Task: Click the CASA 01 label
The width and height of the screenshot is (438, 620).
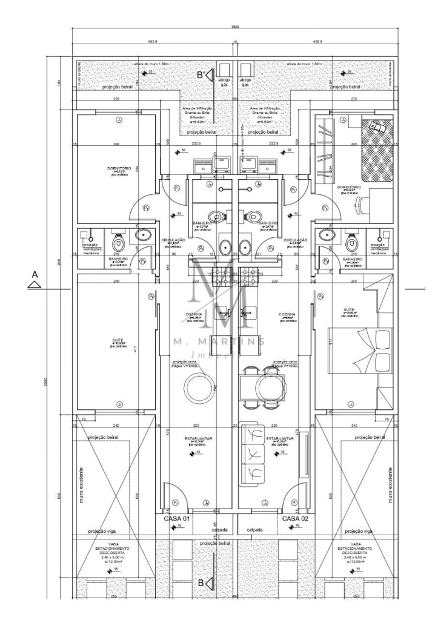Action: [177, 519]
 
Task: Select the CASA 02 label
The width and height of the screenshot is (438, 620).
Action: [296, 519]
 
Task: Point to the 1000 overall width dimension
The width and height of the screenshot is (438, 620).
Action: [234, 27]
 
